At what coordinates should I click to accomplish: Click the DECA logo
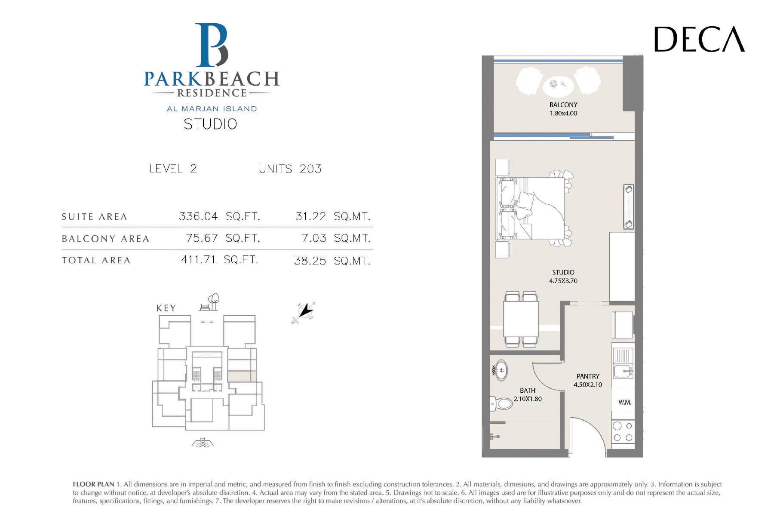699,40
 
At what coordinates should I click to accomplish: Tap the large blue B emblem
212,45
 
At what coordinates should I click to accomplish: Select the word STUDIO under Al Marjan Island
210,124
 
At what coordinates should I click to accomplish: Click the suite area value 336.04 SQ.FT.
219,216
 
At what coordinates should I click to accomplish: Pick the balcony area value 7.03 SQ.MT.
336,238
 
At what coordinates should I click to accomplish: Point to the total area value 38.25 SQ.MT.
332,261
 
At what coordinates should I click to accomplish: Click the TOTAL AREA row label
96,260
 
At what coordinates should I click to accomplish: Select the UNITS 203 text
290,169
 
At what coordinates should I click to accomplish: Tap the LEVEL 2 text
173,169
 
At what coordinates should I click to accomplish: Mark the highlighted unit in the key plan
242,376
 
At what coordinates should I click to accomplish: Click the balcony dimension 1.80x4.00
563,114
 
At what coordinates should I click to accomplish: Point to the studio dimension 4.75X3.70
563,281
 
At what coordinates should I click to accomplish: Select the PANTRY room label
588,376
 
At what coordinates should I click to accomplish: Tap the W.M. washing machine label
625,403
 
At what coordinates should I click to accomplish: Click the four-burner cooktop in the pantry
623,432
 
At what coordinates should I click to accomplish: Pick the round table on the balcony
558,85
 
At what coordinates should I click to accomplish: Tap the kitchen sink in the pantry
623,370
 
